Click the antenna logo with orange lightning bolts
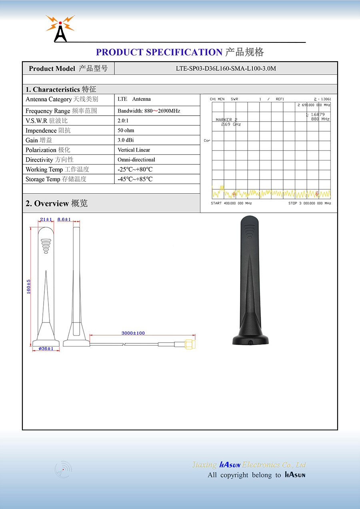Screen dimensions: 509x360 [60, 28]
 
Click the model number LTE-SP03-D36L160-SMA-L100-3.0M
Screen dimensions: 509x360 [226, 68]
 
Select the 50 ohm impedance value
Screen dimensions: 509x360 [126, 130]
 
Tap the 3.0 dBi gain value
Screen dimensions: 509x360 [126, 140]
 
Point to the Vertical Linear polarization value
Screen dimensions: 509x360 [134, 150]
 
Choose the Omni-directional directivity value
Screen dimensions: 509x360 [136, 160]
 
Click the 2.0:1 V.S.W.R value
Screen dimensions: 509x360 [123, 120]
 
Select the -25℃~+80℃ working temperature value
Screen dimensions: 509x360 [135, 169]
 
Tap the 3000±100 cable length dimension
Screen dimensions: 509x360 [133, 333]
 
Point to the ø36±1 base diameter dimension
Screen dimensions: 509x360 [46, 349]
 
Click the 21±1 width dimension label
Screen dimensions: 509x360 [46, 220]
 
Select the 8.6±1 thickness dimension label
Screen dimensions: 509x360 [64, 220]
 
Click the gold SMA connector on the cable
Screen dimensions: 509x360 [190, 344]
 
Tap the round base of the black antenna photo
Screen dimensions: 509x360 [250, 339]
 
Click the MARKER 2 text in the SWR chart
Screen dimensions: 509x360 [226, 120]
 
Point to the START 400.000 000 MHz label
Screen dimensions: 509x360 [231, 203]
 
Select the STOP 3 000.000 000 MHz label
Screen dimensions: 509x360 [310, 203]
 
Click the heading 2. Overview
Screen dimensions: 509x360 [56, 203]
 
